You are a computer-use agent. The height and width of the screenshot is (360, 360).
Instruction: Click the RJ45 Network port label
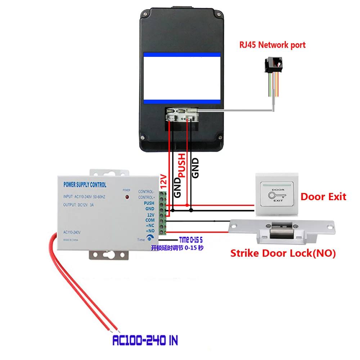click(x=273, y=45)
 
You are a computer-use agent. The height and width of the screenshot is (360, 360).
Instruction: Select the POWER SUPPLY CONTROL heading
click(x=85, y=185)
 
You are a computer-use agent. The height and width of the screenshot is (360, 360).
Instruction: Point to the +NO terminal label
click(x=150, y=230)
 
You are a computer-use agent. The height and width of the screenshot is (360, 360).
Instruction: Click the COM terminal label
click(x=150, y=220)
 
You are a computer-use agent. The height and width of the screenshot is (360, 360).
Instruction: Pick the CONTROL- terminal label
click(x=147, y=192)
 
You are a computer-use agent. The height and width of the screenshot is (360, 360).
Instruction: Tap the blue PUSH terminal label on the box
click(x=149, y=203)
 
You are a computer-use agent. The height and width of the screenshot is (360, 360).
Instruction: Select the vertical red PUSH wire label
click(x=182, y=165)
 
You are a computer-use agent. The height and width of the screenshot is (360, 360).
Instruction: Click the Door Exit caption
click(x=323, y=197)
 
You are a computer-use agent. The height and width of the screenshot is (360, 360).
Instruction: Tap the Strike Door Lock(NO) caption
click(x=283, y=253)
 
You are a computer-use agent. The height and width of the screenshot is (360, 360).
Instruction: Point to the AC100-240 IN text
click(x=145, y=340)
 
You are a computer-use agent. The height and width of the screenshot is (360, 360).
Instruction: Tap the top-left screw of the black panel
click(x=143, y=13)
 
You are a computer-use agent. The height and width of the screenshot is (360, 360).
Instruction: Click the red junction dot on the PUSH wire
click(x=187, y=205)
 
